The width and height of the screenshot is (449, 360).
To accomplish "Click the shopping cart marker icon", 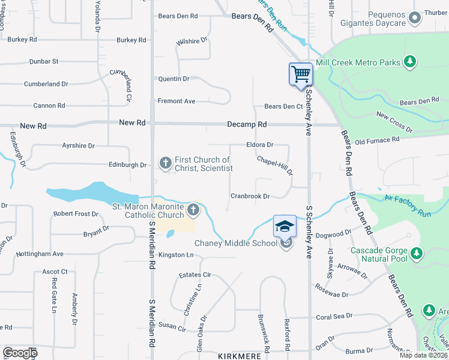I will click(301, 75).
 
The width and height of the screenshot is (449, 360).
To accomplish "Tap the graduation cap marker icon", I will click(285, 227).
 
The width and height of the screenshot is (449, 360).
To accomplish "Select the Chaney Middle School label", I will click(236, 243).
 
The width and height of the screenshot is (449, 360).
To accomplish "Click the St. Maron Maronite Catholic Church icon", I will click(193, 209).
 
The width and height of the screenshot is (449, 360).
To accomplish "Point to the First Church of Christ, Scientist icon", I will click(165, 162).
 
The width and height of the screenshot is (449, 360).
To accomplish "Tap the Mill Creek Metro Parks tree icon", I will click(410, 62).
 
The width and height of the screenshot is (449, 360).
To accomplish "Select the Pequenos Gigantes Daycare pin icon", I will click(414, 19).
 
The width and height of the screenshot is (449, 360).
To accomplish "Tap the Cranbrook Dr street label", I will click(250, 196).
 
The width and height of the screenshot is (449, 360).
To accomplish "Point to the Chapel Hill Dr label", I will click(274, 166).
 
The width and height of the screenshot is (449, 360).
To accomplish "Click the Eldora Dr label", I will click(259, 145).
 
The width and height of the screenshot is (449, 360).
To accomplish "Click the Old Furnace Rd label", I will click(377, 140).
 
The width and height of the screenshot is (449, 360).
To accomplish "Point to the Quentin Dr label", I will click(173, 79).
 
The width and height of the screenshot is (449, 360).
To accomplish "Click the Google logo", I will click(19, 353).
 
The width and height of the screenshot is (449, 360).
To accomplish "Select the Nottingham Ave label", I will click(40, 254).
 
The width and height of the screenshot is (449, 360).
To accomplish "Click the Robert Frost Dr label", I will click(76, 214).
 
